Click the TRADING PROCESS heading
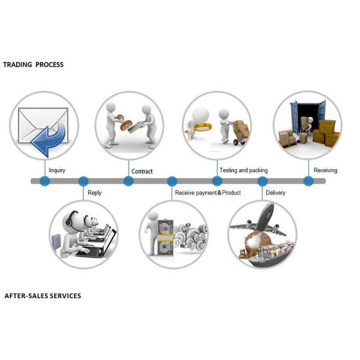tap(33, 65)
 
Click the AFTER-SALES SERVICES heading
tap(43, 296)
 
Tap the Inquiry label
tap(57, 170)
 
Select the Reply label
tap(94, 193)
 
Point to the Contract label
tap(142, 171)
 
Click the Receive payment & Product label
tap(208, 193)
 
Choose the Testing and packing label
tap(244, 170)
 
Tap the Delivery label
tap(275, 193)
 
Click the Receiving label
tap(325, 170)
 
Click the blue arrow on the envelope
tap(50, 139)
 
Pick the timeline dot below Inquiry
tap(45, 181)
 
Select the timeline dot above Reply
tap(83, 181)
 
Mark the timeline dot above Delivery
tap(262, 181)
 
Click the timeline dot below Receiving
tap(308, 181)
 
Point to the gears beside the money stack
tap(191, 236)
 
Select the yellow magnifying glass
tap(199, 127)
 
